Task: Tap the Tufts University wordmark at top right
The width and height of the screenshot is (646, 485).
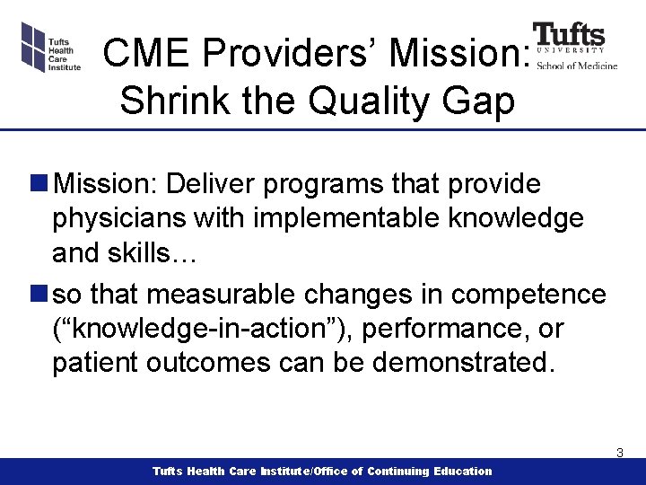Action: [569, 37]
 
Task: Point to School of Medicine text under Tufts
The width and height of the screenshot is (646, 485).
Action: [577, 65]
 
